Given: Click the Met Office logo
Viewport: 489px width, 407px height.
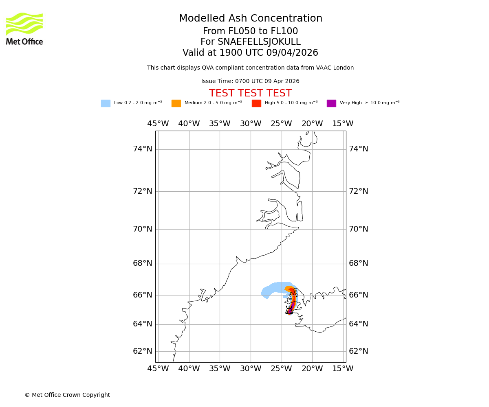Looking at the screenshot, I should (24, 28).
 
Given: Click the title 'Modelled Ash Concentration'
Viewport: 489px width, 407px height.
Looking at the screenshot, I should (250, 19).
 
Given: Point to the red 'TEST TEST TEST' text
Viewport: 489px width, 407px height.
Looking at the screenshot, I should (250, 94).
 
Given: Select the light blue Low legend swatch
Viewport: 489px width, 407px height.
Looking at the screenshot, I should (106, 103).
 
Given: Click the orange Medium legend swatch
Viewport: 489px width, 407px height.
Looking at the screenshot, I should (176, 103).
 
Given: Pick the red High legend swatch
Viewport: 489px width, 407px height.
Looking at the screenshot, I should (256, 103).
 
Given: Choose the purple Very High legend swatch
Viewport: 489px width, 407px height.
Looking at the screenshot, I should (331, 103).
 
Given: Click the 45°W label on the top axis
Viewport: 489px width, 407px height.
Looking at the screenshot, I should (158, 124).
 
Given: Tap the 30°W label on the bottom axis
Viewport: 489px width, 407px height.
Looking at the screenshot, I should (250, 369).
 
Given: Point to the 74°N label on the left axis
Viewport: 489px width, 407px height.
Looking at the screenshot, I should (143, 149).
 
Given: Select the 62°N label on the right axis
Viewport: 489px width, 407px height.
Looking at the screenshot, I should (358, 351).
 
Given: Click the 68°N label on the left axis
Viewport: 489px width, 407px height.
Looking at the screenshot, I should (143, 263).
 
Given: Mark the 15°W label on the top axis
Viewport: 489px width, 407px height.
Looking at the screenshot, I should (343, 124).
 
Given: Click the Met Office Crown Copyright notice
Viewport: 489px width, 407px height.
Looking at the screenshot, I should (67, 395).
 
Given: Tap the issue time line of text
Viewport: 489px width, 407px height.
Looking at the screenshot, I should (250, 81).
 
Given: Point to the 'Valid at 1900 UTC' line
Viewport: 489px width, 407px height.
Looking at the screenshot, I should (250, 53).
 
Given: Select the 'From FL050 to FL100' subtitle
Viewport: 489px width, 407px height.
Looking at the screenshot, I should (250, 31).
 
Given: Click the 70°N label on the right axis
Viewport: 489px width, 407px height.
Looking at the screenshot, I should (358, 229).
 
